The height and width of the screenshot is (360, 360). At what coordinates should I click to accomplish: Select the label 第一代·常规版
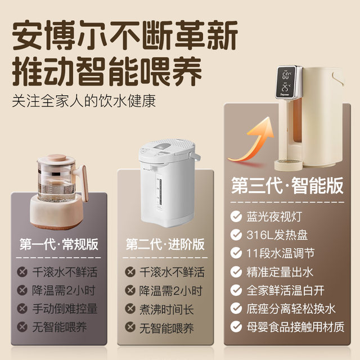pyautogui.click(x=58, y=244)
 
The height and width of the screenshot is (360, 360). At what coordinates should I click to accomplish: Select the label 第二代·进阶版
pyautogui.click(x=164, y=244)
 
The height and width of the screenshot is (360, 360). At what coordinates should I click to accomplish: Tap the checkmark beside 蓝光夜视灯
pyautogui.click(x=236, y=217)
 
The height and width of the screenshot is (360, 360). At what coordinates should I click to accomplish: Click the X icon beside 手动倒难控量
pyautogui.click(x=22, y=308)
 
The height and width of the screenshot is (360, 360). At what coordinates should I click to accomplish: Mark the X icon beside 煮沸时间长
pyautogui.click(x=129, y=308)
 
